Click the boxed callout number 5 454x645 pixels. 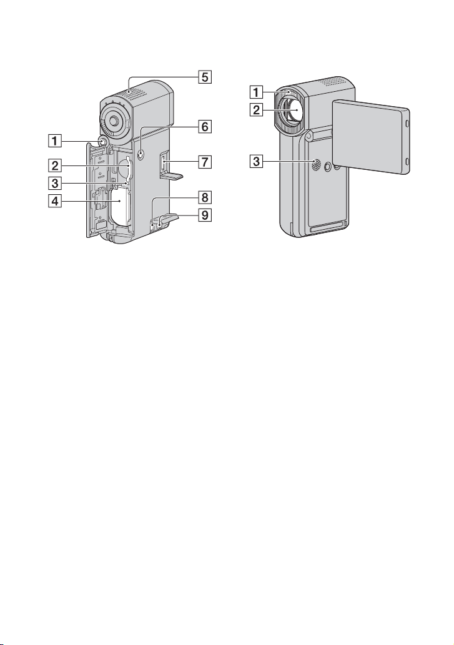point(205,77)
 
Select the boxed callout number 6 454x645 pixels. point(205,127)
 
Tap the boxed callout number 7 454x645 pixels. point(205,162)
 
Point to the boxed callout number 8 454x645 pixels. point(205,198)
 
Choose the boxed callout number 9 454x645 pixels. point(205,215)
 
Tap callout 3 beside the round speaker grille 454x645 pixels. point(256,161)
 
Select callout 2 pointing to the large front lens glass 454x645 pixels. point(256,111)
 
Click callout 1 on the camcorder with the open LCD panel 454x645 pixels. point(256,92)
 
